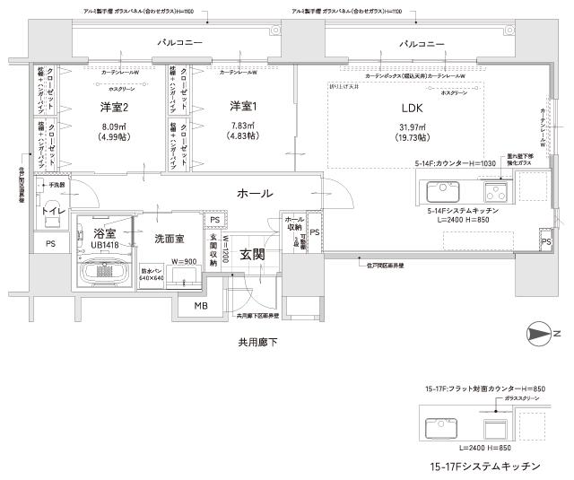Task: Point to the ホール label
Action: tap(256, 194)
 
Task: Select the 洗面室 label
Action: tap(170, 240)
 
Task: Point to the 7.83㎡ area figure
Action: tap(242, 127)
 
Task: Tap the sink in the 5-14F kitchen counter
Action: tap(443, 192)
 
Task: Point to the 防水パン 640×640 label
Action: tap(152, 274)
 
